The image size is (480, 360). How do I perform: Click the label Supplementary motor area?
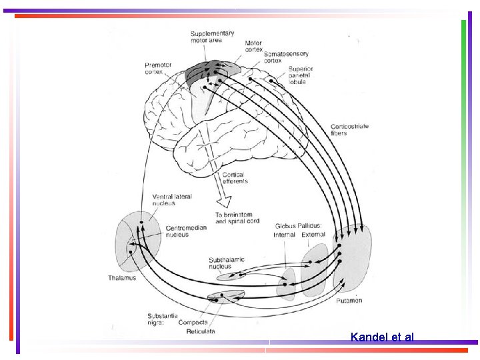pos(212,37)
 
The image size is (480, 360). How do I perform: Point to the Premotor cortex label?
pos(158,68)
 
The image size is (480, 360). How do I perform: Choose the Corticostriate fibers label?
pos(349,129)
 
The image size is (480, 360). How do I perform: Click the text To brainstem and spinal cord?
pos(237,218)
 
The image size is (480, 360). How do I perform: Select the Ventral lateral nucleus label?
pos(172,199)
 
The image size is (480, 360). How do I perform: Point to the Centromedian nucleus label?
pos(186,231)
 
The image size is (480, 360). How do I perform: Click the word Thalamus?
pos(122,278)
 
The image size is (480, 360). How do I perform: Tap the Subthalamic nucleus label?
pos(227,263)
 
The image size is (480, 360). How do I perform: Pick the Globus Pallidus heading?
pos(298,226)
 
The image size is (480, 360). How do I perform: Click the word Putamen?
pos(349,301)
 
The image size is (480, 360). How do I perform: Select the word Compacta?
pos(193,323)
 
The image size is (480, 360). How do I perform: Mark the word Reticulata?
pos(200,331)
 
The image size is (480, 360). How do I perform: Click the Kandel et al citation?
pos(382,337)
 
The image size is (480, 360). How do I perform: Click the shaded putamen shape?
pos(353,257)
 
